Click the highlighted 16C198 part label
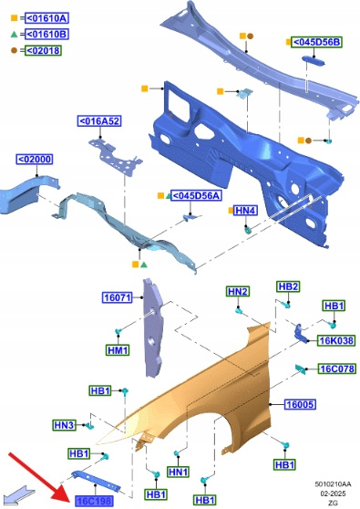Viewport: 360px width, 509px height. (95, 501)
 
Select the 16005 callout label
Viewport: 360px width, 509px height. (300, 404)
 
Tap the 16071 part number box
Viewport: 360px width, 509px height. (118, 297)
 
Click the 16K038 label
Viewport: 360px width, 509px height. (336, 340)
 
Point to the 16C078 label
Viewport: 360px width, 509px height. (336, 369)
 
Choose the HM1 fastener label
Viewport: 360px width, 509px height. (118, 350)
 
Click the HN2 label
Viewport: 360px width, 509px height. (238, 292)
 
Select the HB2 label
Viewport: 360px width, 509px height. (288, 286)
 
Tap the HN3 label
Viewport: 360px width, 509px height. (64, 424)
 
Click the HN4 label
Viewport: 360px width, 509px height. (245, 211)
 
